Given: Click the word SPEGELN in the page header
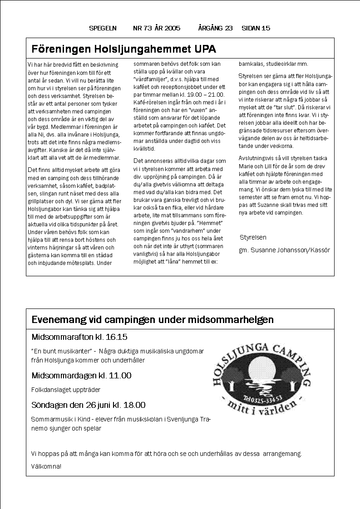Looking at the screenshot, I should [x=103, y=28].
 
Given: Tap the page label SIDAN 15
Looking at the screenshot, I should [x=256, y=28].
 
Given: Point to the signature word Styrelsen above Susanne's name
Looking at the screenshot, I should [x=253, y=237].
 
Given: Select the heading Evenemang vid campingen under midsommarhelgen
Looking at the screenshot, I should [x=153, y=320].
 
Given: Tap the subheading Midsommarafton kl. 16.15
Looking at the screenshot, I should [x=79, y=337].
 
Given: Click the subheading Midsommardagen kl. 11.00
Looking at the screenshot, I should [x=81, y=376].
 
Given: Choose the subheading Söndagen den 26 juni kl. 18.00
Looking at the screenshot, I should [x=88, y=405].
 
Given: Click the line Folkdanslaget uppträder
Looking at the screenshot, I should [x=66, y=390].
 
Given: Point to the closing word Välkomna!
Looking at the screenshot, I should [x=46, y=466].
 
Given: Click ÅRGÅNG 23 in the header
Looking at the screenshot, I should [x=215, y=28].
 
